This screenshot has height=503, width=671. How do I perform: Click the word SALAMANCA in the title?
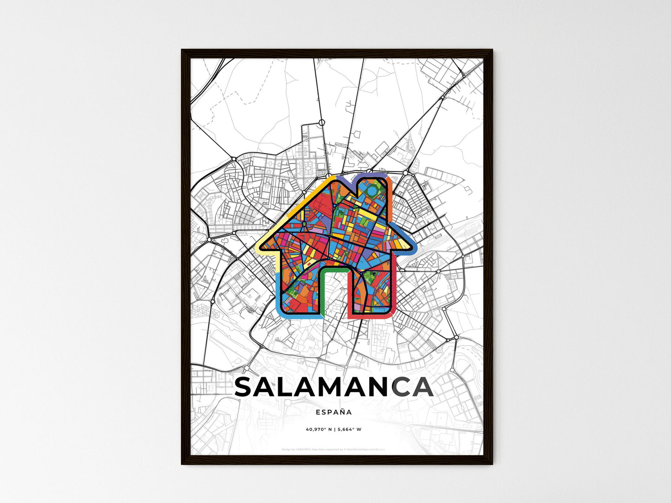333,387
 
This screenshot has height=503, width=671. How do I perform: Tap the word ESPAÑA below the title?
333,412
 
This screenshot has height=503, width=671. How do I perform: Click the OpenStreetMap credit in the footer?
367,449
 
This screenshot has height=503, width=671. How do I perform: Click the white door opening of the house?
334,292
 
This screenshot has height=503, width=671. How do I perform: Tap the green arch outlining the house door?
334,268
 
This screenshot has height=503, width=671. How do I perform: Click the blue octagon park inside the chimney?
372,190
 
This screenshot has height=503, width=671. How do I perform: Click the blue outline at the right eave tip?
413,246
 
